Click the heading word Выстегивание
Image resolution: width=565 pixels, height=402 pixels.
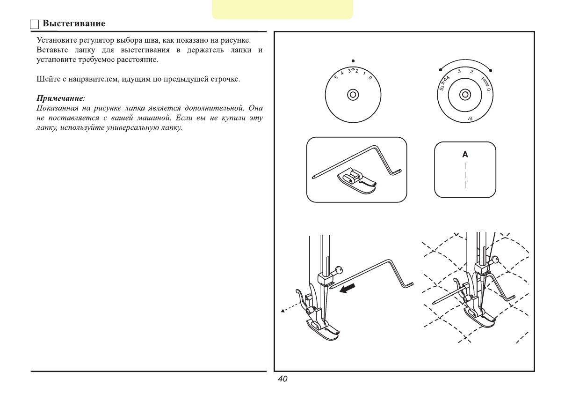[73, 23]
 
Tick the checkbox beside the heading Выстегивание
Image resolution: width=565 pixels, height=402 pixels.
[35, 24]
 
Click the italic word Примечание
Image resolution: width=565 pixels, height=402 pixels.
[60, 98]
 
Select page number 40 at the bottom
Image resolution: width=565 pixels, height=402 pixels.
[282, 380]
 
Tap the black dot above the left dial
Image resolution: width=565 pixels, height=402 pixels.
[353, 60]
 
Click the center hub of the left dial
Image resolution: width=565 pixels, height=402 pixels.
[353, 95]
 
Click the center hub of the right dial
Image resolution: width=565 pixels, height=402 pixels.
[464, 95]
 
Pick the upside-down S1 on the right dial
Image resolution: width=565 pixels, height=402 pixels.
[470, 119]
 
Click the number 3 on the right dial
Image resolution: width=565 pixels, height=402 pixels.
[459, 72]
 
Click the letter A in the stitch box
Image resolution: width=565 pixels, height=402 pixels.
[465, 154]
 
